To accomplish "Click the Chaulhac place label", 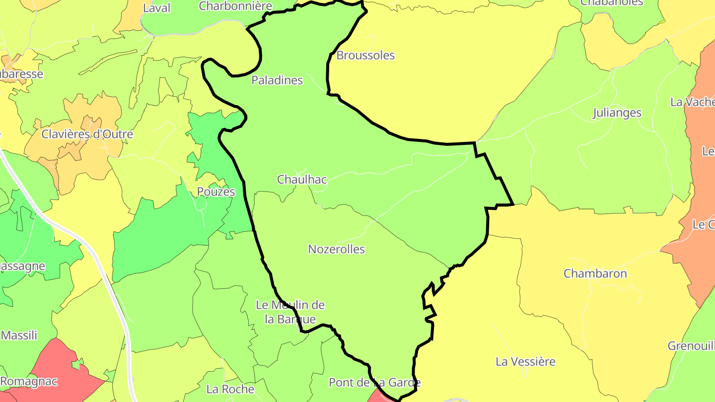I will click(302, 180).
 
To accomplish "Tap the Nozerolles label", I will click(336, 249).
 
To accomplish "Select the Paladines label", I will click(277, 80).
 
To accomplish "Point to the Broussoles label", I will click(365, 56).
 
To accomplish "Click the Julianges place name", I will click(617, 113).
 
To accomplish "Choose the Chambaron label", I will click(595, 274).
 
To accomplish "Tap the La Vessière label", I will click(525, 362).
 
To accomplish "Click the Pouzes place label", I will click(215, 192).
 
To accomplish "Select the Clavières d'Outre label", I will click(87, 134).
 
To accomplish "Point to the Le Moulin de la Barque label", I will click(290, 312).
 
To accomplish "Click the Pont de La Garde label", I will click(374, 383).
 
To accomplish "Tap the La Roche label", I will click(230, 389).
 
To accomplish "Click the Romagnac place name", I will click(29, 382).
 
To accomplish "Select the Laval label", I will click(156, 8).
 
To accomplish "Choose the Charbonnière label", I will click(235, 6).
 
